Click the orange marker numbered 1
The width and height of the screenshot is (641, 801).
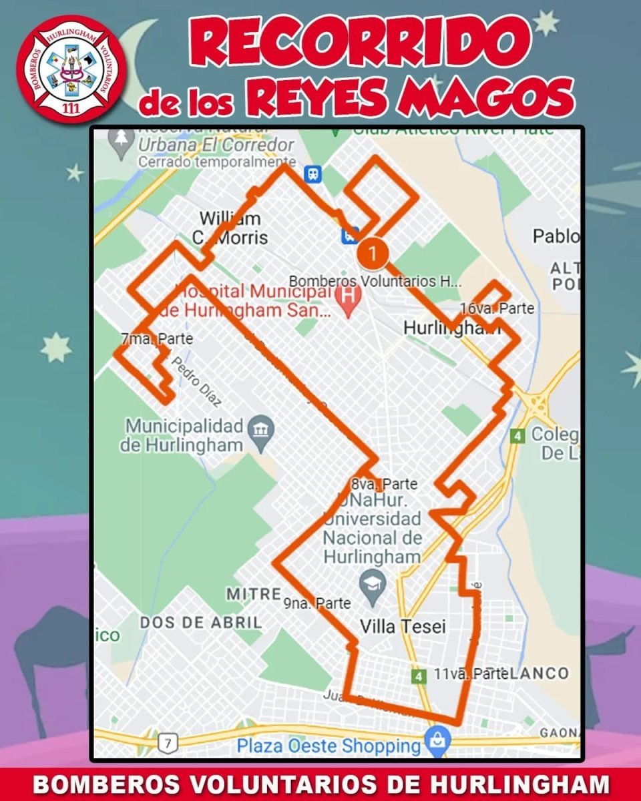373,254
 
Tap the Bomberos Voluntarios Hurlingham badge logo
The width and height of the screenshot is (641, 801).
71,69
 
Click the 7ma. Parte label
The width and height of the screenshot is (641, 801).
157,339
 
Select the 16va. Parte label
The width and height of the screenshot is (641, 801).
497,308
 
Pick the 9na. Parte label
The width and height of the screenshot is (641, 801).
316,603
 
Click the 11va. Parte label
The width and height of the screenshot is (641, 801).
471,674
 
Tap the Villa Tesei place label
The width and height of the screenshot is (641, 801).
403,626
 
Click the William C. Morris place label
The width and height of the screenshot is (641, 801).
230,228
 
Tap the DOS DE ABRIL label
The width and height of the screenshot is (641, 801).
200,622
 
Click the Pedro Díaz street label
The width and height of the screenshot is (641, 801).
196,384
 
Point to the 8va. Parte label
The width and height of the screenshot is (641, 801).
384,483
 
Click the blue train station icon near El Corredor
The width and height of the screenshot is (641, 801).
312,174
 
